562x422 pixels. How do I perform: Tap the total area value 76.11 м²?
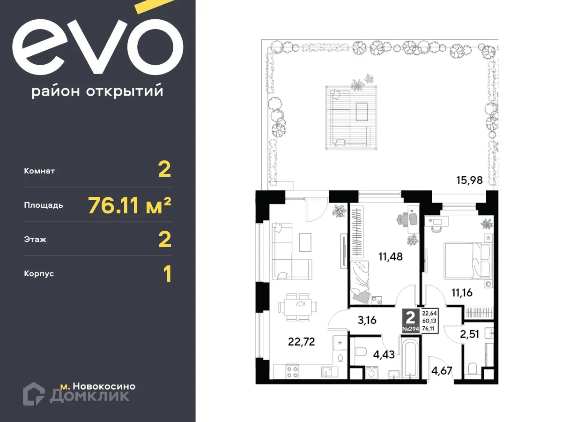129,205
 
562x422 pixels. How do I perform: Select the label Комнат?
39,171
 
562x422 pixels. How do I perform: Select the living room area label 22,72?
301,341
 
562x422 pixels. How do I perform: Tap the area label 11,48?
391,256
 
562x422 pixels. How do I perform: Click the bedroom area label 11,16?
462,293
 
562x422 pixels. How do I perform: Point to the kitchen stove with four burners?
293,372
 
